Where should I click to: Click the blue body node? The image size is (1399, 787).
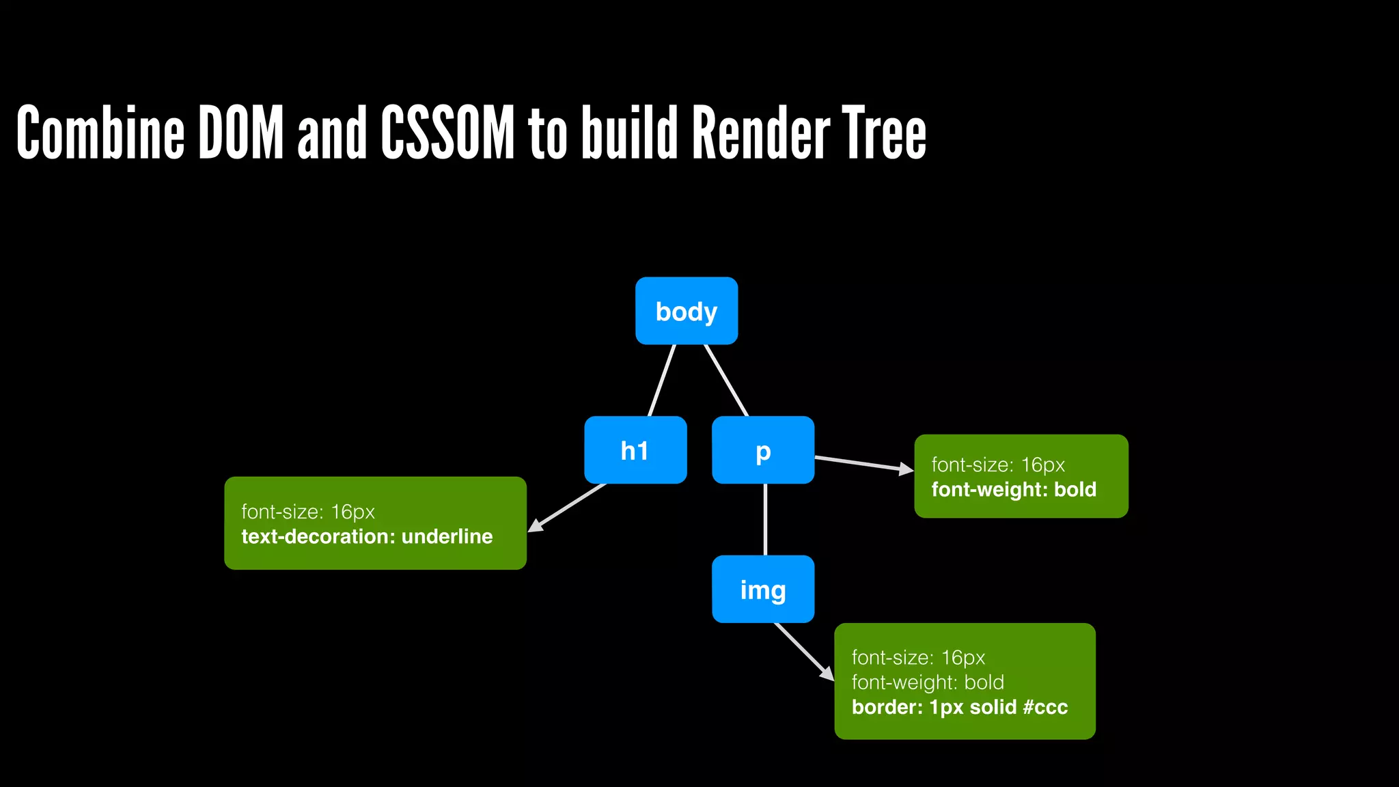coord(687,311)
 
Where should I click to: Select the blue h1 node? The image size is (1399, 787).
coord(635,450)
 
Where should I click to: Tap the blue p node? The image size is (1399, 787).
coord(763,450)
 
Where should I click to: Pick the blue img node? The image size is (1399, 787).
coord(763,589)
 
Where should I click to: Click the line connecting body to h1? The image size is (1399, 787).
coord(661,381)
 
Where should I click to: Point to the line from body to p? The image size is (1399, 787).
coord(726,381)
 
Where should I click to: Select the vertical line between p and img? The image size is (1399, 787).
coord(765,519)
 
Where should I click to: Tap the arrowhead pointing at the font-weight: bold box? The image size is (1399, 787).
coord(906,469)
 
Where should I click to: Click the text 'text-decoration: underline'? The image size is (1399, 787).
coord(367,536)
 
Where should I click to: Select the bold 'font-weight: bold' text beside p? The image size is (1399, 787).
coord(1014,489)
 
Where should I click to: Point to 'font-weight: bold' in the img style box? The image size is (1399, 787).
coord(928,682)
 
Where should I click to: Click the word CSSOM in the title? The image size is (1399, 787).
coord(447,133)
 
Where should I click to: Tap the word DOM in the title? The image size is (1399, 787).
coord(240,133)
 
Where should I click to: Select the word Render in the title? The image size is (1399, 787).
coord(761,133)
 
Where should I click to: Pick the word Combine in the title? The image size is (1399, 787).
coord(100,133)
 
